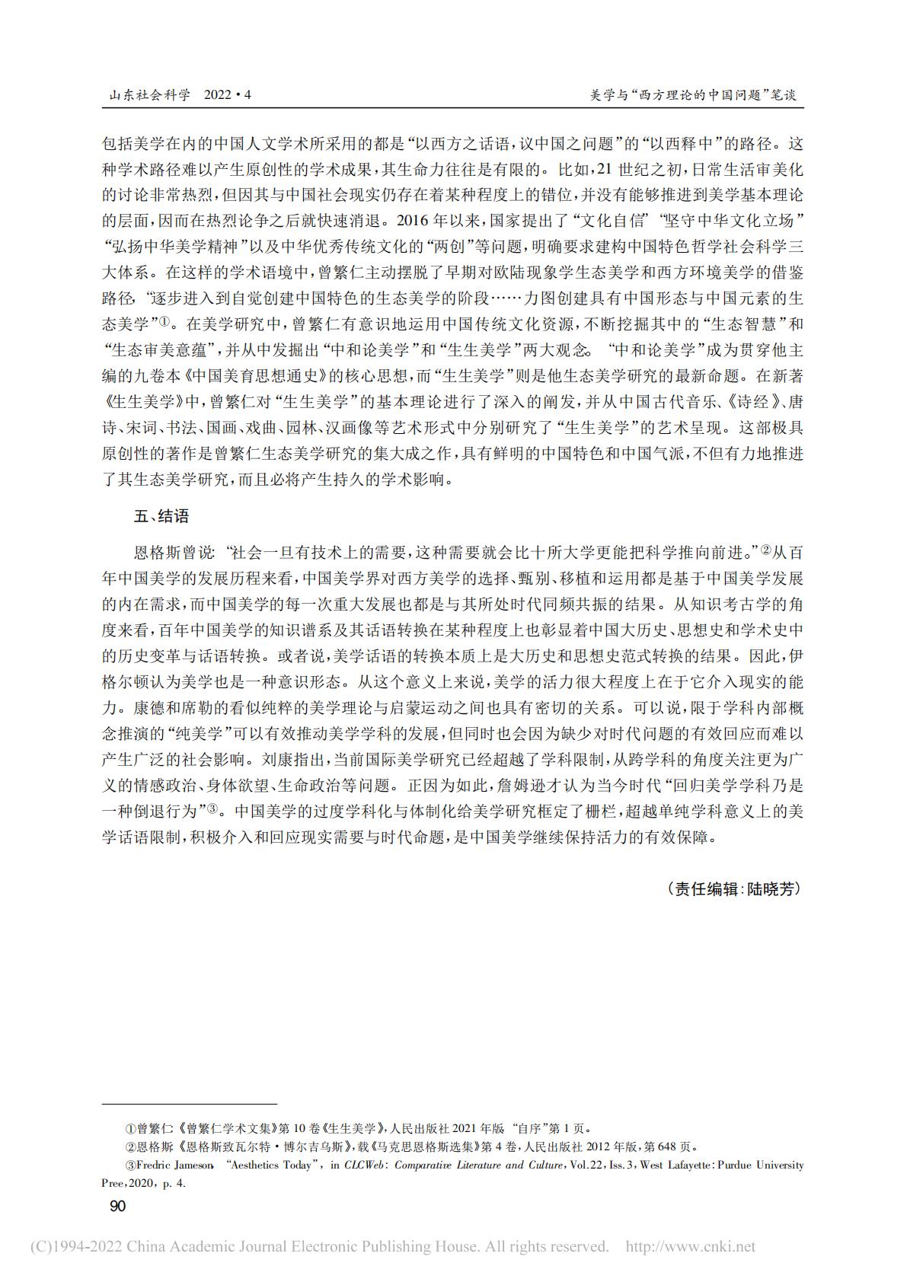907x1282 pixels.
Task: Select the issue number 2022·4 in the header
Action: click(x=228, y=96)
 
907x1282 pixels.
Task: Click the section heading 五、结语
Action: click(x=161, y=516)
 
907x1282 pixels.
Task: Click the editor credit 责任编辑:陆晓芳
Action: click(x=735, y=888)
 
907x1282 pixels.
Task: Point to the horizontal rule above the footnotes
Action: click(x=190, y=1103)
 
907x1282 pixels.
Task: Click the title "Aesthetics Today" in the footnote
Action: click(x=272, y=1165)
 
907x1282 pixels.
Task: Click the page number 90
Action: click(x=118, y=1206)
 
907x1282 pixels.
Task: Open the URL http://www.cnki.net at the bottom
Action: click(x=690, y=1246)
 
